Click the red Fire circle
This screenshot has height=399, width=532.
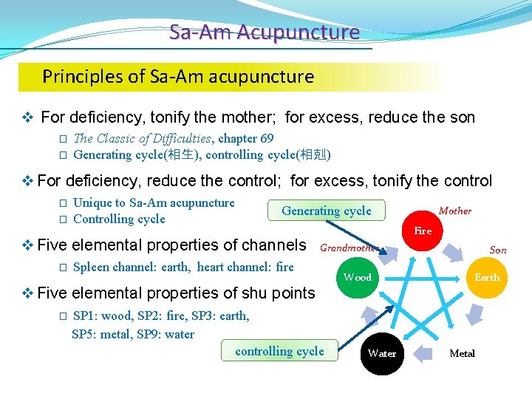pyautogui.click(x=423, y=231)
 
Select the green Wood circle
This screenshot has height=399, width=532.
pyautogui.click(x=358, y=277)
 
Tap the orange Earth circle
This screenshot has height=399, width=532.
pyautogui.click(x=487, y=277)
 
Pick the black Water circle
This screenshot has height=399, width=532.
pyautogui.click(x=382, y=353)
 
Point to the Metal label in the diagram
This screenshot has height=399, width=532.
pyautogui.click(x=463, y=353)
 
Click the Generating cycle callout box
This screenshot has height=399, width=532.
pyautogui.click(x=327, y=211)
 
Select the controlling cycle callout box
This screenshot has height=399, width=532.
pyautogui.click(x=279, y=351)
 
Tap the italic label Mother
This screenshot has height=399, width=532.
pyautogui.click(x=454, y=211)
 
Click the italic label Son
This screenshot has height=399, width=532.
pyautogui.click(x=498, y=250)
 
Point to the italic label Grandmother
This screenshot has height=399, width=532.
pyautogui.click(x=349, y=248)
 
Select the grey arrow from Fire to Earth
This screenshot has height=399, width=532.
pyautogui.click(x=463, y=248)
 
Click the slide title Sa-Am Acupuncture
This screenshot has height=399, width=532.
pyautogui.click(x=265, y=33)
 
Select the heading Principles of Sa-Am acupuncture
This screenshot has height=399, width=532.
pyautogui.click(x=178, y=76)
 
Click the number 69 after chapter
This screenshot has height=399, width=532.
pyautogui.click(x=266, y=138)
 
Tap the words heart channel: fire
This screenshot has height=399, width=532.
pyautogui.click(x=245, y=267)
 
